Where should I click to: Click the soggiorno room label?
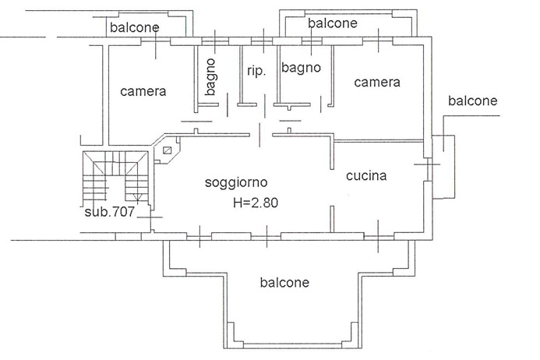pyautogui.click(x=236, y=183)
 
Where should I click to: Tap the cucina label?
pyautogui.click(x=366, y=176)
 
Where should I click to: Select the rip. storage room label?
pyautogui.click(x=256, y=71)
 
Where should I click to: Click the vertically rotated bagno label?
pyautogui.click(x=211, y=76)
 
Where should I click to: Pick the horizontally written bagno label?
pyautogui.click(x=301, y=69)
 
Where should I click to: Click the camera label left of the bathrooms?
pyautogui.click(x=143, y=91)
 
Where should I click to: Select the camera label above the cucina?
pyautogui.click(x=376, y=83)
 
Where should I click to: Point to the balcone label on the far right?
pyautogui.click(x=472, y=101)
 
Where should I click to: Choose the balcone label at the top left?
pyautogui.click(x=134, y=27)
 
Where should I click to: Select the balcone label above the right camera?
pyautogui.click(x=332, y=23)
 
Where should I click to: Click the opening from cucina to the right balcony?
pyautogui.click(x=428, y=165)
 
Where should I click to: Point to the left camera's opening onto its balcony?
pyautogui.click(x=158, y=41)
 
